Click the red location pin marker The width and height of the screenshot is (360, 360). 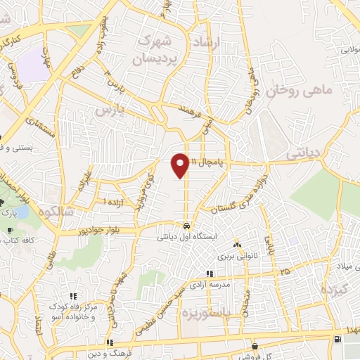click(180, 165)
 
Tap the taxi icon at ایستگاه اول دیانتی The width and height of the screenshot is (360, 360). click(186, 226)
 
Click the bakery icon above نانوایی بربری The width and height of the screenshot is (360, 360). click(237, 246)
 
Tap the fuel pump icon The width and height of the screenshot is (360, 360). click(340, 340)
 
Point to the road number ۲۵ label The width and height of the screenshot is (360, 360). click(284, 271)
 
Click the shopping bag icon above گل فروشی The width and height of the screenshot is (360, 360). click(254, 345)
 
